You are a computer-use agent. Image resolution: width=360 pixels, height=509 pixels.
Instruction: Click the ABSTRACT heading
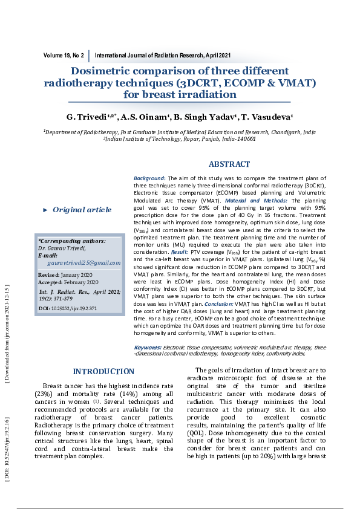pos(229,164)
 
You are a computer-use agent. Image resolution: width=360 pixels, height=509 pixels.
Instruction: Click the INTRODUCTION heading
pos(103,372)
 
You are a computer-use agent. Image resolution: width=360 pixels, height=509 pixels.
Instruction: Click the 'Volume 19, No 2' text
pos(64,55)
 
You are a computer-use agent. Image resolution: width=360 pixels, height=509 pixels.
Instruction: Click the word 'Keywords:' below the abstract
pos(147,348)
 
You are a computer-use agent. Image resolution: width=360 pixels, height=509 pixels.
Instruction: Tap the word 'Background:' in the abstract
pos(149,178)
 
